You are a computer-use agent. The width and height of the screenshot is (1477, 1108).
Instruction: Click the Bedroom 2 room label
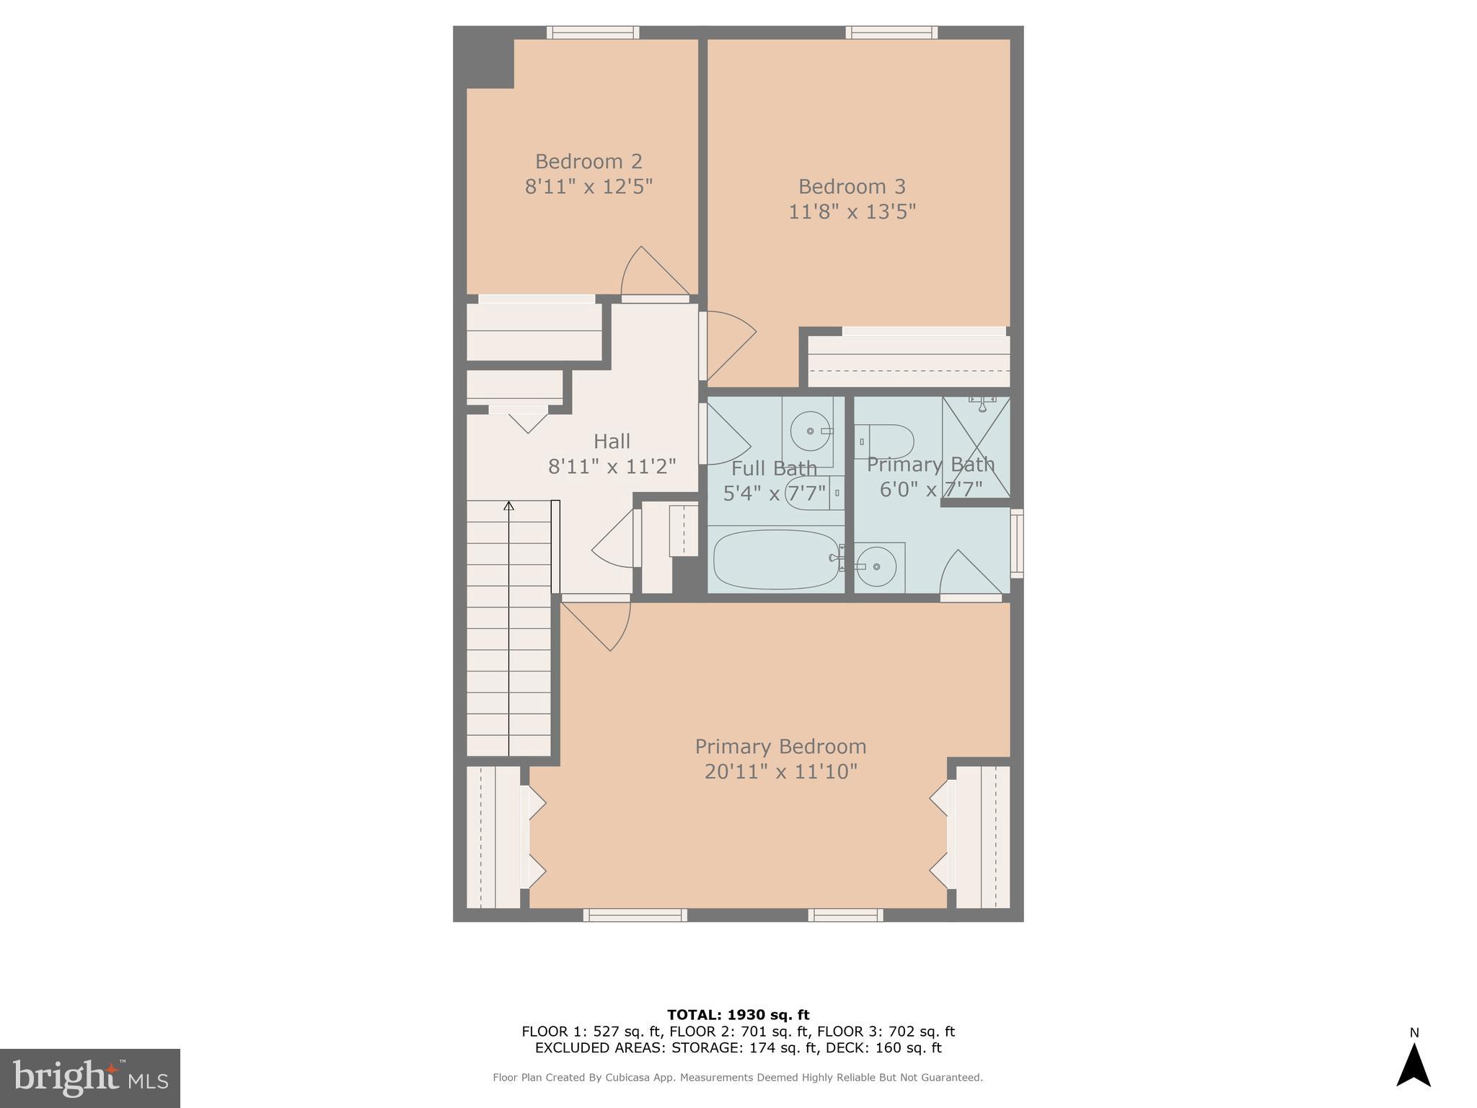pos(588,161)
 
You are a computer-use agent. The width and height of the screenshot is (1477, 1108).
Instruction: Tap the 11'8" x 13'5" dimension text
pos(852,212)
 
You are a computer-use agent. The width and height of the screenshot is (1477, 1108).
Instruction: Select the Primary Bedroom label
pos(780,746)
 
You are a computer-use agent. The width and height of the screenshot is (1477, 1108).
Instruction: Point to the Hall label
pos(612,441)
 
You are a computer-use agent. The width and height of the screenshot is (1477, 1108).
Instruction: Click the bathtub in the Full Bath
pos(775,559)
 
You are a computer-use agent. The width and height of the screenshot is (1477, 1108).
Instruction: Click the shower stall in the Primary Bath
pos(976,447)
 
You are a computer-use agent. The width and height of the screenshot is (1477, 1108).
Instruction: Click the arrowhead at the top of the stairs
pos(508,506)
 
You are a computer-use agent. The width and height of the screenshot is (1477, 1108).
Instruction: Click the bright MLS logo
pos(89,1078)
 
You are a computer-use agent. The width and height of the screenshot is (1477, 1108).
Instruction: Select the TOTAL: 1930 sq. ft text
pos(738,1015)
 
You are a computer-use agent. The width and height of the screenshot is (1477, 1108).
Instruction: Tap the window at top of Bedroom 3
pos(891,32)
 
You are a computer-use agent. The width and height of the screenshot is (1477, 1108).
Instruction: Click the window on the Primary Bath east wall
pos(1016,543)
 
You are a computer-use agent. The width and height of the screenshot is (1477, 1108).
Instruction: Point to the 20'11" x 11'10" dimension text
pos(780,772)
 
